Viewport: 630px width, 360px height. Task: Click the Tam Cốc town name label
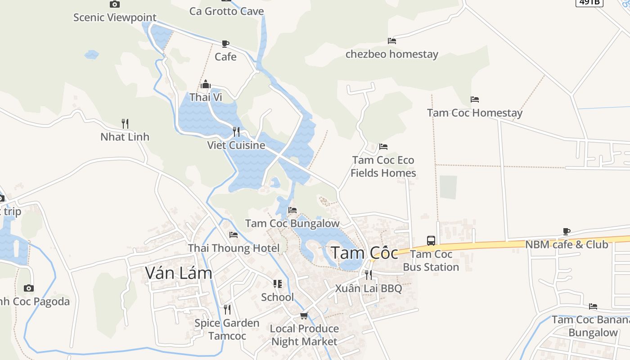pyautogui.click(x=364, y=253)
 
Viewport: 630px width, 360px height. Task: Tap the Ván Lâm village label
pyautogui.click(x=179, y=273)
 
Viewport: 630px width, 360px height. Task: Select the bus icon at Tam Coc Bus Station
pyautogui.click(x=431, y=241)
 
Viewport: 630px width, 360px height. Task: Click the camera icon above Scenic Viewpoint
pyautogui.click(x=115, y=4)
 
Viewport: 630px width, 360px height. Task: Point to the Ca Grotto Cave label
pyautogui.click(x=226, y=11)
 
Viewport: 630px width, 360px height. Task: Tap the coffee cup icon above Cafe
pyautogui.click(x=225, y=44)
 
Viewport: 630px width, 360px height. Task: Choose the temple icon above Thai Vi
pyautogui.click(x=206, y=85)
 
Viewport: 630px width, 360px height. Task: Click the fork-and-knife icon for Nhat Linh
pyautogui.click(x=125, y=123)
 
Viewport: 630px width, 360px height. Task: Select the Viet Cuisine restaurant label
pyautogui.click(x=236, y=145)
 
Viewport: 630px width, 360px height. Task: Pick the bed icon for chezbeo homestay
pyautogui.click(x=392, y=41)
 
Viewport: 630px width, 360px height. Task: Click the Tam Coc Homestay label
pyautogui.click(x=475, y=113)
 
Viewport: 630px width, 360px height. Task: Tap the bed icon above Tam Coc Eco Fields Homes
pyautogui.click(x=383, y=147)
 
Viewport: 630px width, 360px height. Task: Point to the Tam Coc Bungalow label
pyautogui.click(x=292, y=223)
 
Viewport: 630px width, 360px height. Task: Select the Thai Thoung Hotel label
pyautogui.click(x=234, y=248)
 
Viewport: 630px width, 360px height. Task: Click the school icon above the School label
pyautogui.click(x=277, y=284)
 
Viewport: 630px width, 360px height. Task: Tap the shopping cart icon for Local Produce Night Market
pyautogui.click(x=304, y=315)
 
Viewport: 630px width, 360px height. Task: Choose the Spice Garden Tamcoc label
pyautogui.click(x=227, y=329)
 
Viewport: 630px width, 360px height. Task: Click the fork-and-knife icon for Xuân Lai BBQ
pyautogui.click(x=369, y=274)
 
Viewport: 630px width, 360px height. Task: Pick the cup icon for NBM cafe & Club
pyautogui.click(x=567, y=232)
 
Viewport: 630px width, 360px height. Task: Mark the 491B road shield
pyautogui.click(x=589, y=2)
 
